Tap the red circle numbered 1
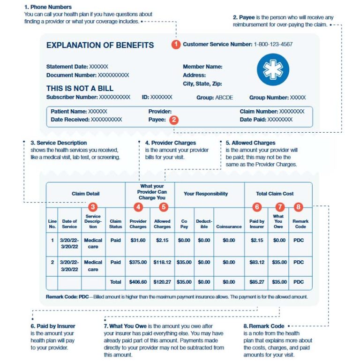coord(176,45)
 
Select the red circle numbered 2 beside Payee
coord(174,120)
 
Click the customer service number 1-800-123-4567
coord(273,45)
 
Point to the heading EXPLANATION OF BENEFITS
coord(100,45)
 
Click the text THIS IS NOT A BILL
coord(80,88)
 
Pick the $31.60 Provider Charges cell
coord(138,240)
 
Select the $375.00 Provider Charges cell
coord(138,262)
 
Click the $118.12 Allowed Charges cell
coord(162,262)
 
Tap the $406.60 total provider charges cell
coord(138,282)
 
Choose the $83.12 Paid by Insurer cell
coord(256,262)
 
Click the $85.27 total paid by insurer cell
coord(256,282)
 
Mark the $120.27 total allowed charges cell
coord(162,282)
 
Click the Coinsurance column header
coord(229,227)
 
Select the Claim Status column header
coord(115,224)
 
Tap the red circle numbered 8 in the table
coord(299,206)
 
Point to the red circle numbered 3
coord(93,206)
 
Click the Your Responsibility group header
coord(206,193)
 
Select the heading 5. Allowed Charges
coord(250,143)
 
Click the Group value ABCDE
coord(224,98)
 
